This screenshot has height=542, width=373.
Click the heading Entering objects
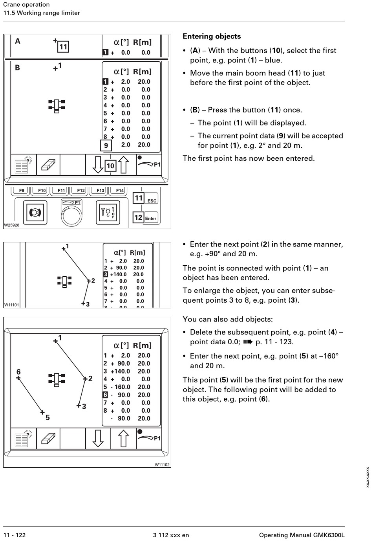click(212, 37)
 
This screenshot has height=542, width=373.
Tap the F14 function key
click(119, 191)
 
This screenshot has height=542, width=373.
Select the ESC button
click(152, 200)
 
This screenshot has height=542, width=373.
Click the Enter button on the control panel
click(151, 218)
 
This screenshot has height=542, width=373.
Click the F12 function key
click(80, 191)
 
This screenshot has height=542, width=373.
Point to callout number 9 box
click(106, 146)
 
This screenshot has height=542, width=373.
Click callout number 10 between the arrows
click(110, 166)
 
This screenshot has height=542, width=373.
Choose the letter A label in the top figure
click(18, 41)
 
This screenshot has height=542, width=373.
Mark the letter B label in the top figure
click(17, 68)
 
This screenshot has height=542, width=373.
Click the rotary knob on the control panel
click(71, 215)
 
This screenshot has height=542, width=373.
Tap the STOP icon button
click(108, 213)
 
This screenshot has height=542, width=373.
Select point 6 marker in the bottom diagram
click(18, 378)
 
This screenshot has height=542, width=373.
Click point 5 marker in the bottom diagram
click(42, 412)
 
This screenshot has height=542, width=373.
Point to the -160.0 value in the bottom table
click(122, 387)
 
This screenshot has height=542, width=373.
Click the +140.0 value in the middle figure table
click(119, 274)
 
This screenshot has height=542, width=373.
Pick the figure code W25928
click(12, 225)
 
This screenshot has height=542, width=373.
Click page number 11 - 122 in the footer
click(15, 535)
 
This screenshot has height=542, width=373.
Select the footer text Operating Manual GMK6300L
click(302, 535)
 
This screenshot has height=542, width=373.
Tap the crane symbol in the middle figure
click(64, 281)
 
